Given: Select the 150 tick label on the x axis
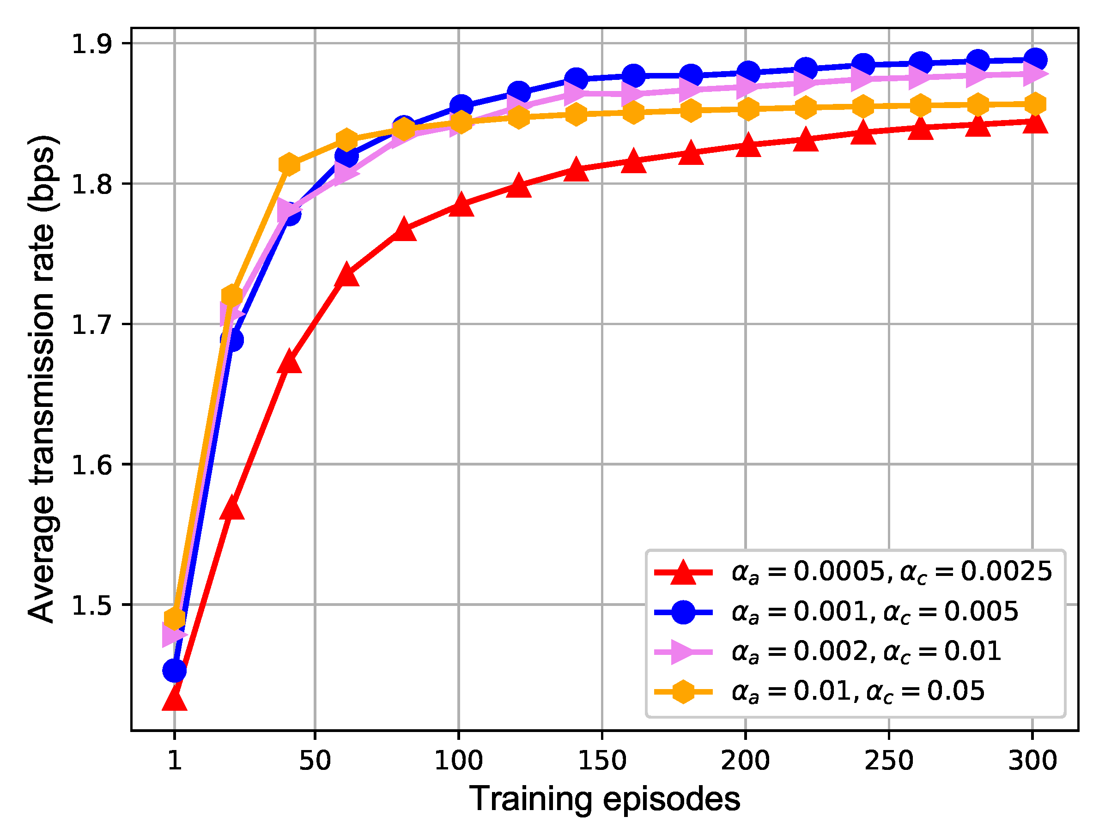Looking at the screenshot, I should tap(602, 761).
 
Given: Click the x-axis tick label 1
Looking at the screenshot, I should tap(175, 761).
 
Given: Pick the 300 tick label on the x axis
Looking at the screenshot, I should tap(1032, 761).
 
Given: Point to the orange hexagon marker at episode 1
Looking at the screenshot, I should tap(175, 619).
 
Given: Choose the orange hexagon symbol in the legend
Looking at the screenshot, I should tap(683, 691).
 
